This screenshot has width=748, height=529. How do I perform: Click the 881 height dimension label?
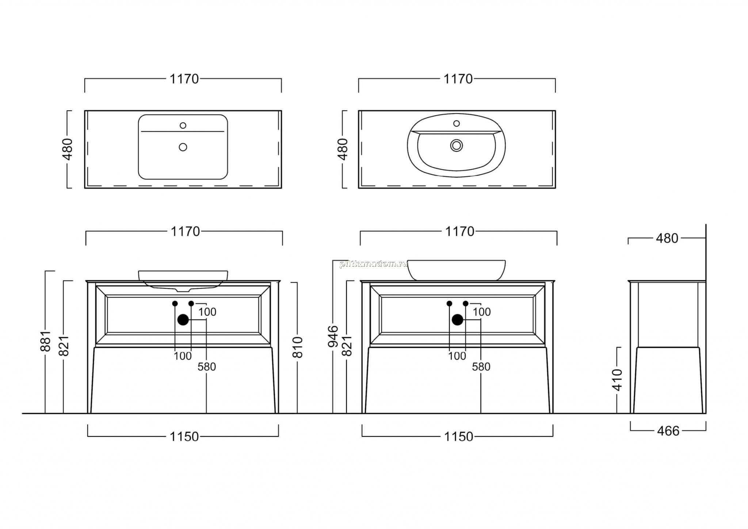45,341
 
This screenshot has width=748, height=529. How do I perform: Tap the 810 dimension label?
298,347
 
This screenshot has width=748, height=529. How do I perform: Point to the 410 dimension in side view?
617,380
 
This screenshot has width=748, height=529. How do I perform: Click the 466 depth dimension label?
668,431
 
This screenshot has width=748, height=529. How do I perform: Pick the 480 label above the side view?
667,238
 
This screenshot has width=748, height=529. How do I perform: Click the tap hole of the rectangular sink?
183,125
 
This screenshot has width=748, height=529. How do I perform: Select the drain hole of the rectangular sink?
183,147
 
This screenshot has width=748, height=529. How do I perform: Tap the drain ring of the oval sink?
456,145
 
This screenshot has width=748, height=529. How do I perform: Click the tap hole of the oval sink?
456,123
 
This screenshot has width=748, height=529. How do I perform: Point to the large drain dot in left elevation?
183,320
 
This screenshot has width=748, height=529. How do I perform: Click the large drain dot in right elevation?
457,320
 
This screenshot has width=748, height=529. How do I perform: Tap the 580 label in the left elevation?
207,367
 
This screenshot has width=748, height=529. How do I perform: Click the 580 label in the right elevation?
481,367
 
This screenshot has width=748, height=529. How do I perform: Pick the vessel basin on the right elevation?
456,270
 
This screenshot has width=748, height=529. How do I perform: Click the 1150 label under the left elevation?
184,437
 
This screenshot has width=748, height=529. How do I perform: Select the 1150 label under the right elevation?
458,437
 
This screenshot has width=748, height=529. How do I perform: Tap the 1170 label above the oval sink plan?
458,79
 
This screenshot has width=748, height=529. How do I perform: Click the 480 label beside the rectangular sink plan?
68,149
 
